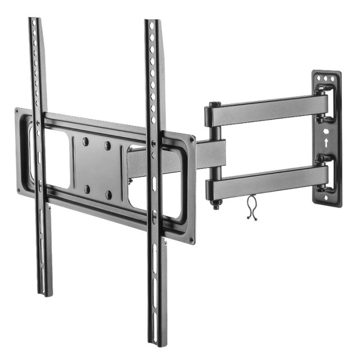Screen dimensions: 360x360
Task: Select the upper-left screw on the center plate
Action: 86,140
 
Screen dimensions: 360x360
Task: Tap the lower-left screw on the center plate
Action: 87,188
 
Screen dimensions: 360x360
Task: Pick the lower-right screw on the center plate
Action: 109,195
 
